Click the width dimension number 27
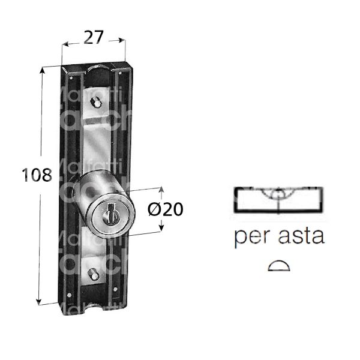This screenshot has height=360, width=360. click(x=94, y=37)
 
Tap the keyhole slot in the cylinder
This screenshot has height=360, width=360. click(x=110, y=214)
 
